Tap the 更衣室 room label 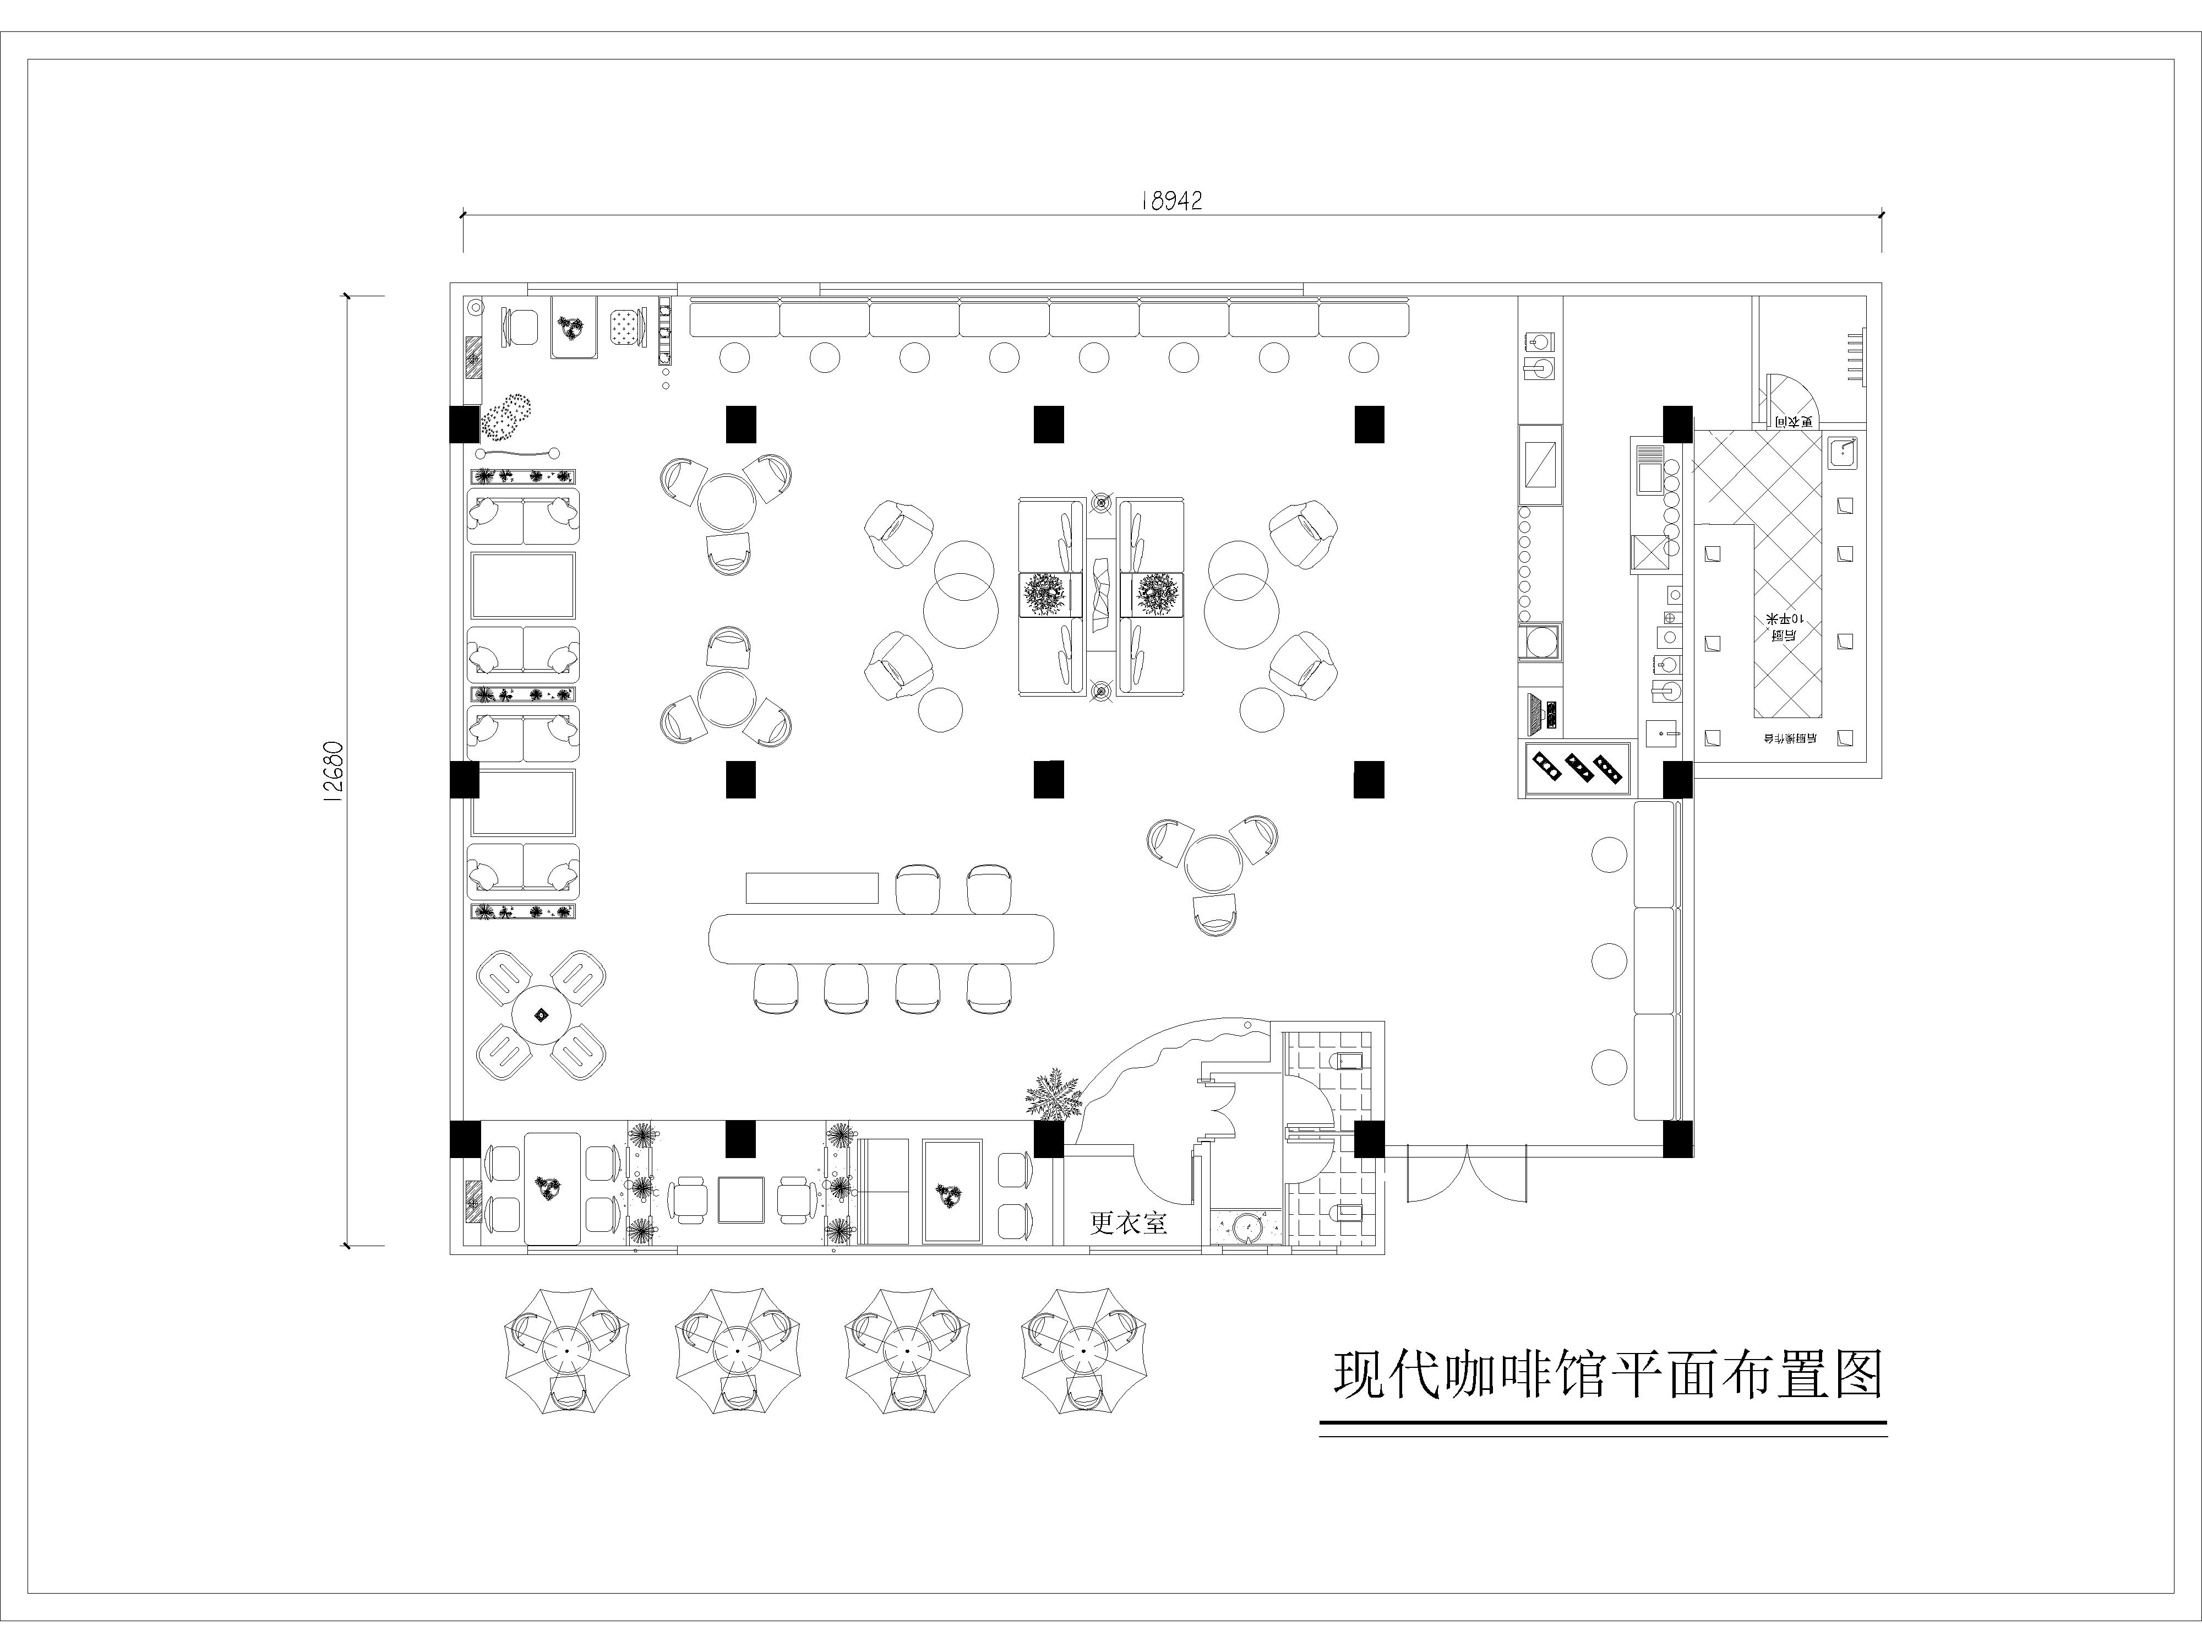point(1128,1222)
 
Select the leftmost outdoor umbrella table point(566,1350)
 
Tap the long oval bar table point(881,938)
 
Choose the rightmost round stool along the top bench point(1364,356)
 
